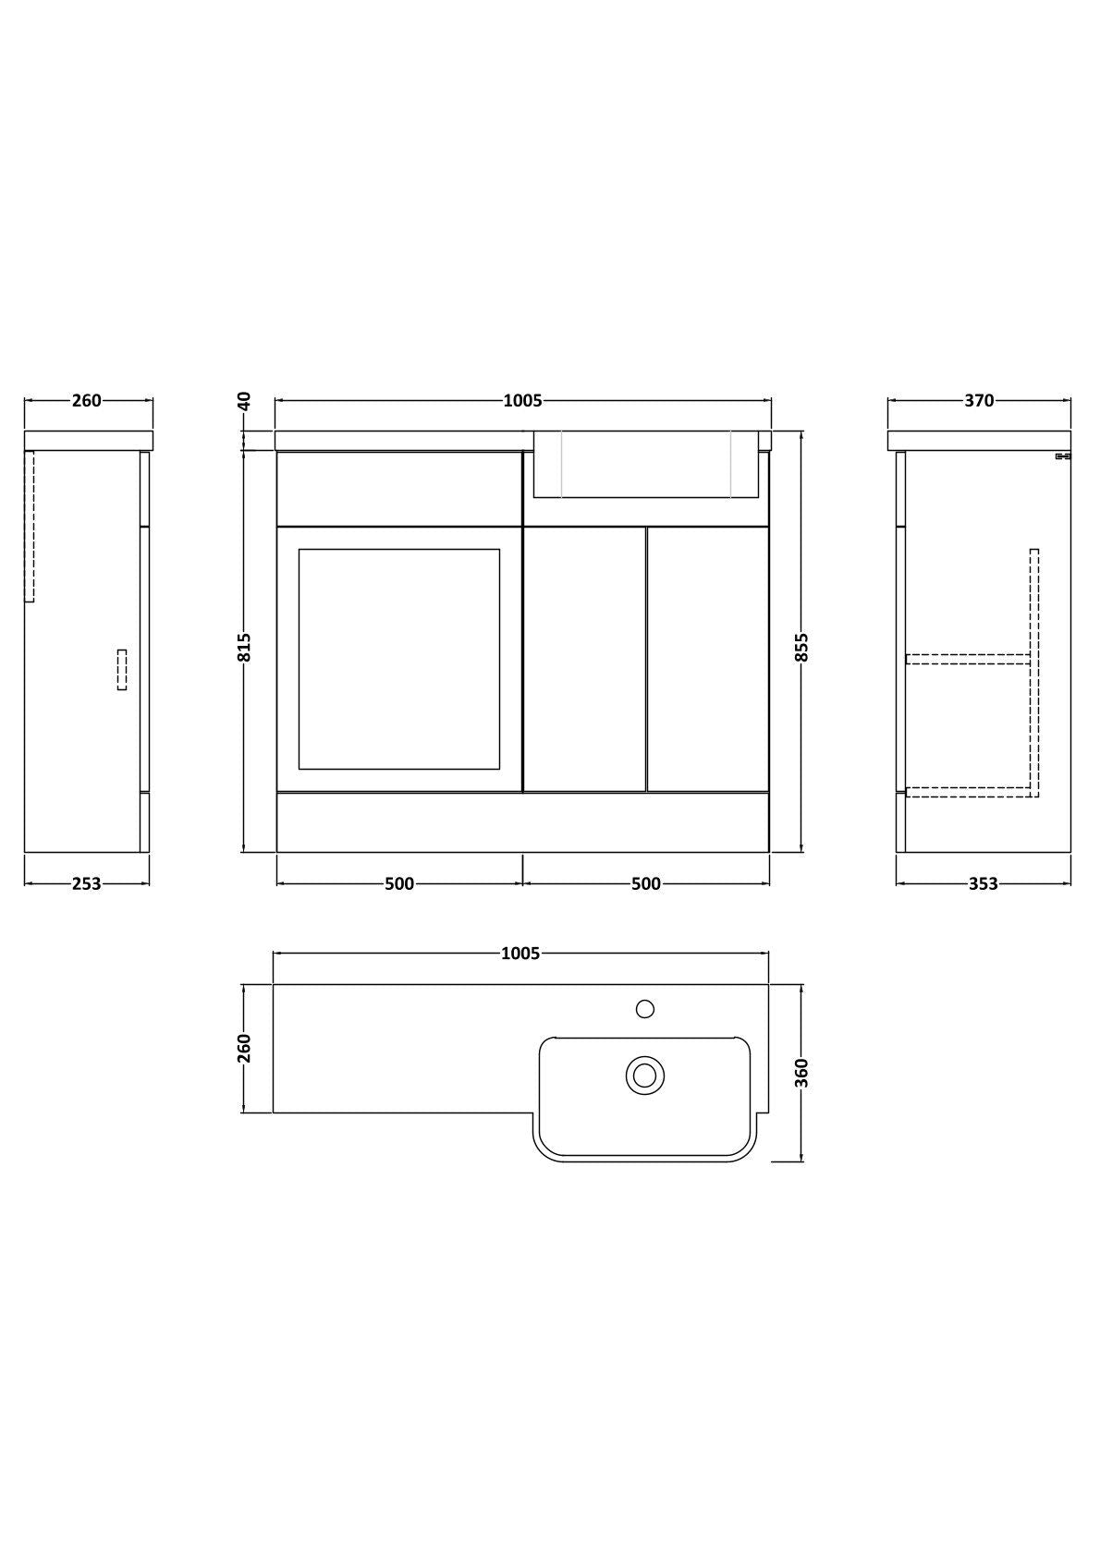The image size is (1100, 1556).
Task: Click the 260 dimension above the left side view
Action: click(x=87, y=401)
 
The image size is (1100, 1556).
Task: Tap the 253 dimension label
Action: click(x=87, y=883)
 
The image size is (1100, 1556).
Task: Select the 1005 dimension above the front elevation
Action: click(x=522, y=401)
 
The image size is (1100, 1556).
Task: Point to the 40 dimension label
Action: click(x=244, y=401)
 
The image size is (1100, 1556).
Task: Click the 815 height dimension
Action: click(x=244, y=648)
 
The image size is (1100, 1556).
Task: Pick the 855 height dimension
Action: click(x=802, y=648)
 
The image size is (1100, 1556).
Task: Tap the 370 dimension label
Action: click(x=979, y=401)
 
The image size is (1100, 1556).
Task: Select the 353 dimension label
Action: click(x=984, y=883)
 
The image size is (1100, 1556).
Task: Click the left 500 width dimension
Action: click(x=399, y=883)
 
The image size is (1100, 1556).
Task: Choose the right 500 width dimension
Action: click(x=646, y=883)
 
